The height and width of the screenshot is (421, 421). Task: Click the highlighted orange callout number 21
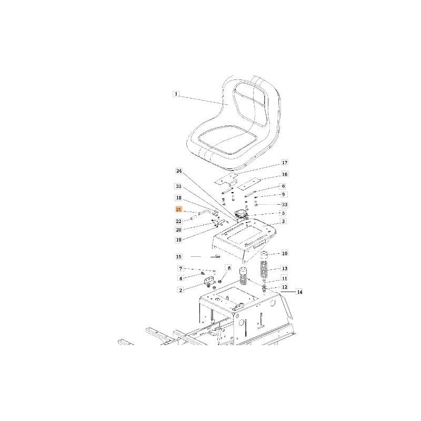[178, 210]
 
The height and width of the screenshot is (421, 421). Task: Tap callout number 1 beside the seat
[176, 94]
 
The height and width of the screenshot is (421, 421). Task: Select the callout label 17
[284, 163]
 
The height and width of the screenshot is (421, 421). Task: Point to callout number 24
[178, 172]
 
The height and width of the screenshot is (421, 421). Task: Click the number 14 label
[300, 292]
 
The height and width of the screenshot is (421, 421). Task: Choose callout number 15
[178, 256]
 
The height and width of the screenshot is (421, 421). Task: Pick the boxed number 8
[228, 268]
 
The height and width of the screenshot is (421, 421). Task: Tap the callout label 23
[284, 204]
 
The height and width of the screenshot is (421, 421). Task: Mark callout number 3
[284, 222]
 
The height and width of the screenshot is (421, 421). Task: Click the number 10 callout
[284, 253]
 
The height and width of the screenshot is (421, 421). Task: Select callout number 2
[181, 290]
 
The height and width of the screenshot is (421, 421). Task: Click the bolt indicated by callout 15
[216, 257]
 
